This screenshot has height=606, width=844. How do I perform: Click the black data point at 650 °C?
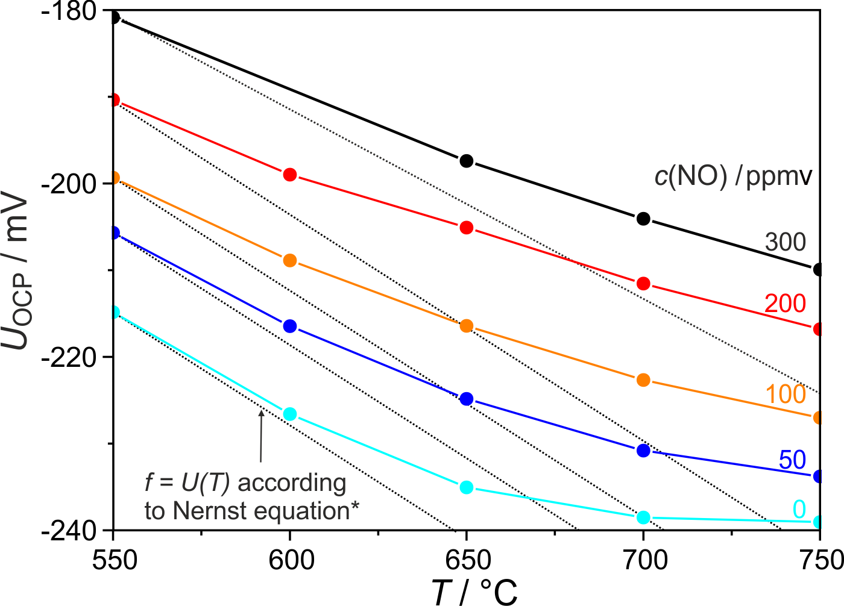[x=466, y=161]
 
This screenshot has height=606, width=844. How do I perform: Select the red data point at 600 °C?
[x=290, y=175]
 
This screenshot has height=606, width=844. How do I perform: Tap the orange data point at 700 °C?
[x=643, y=380]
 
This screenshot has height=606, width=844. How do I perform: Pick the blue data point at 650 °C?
[x=466, y=399]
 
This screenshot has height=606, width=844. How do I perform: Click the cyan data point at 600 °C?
[x=290, y=414]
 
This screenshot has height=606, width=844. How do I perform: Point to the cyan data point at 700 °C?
[x=643, y=517]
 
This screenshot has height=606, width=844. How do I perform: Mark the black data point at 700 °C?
[x=643, y=219]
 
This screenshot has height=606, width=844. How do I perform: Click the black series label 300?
[x=785, y=242]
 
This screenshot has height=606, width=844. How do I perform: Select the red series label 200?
[x=785, y=304]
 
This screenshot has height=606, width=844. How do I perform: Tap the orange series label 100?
[x=786, y=394]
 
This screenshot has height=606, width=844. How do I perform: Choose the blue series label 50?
[x=792, y=460]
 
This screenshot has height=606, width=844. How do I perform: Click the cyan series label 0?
[x=799, y=510]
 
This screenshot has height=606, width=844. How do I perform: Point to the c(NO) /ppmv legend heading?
[x=733, y=176]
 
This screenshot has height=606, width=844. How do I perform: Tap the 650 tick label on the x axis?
[x=466, y=561]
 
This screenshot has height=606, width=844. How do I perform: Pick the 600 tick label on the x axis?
[x=290, y=561]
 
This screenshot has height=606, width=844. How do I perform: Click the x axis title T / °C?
[x=475, y=592]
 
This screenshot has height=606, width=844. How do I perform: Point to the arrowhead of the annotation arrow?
[x=261, y=412]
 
